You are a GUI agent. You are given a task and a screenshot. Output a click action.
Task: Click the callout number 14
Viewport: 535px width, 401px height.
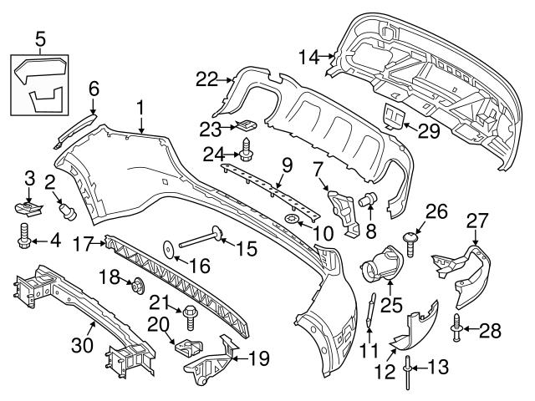[x=308, y=58]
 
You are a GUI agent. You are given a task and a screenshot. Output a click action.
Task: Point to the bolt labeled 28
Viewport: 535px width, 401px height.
[x=458, y=330]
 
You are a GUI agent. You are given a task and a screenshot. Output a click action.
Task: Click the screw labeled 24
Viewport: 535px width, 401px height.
[x=247, y=154]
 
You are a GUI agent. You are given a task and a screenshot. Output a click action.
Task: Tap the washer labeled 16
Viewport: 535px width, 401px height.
[x=169, y=247]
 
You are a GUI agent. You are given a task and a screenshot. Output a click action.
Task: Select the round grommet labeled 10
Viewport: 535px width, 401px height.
[x=293, y=219]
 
